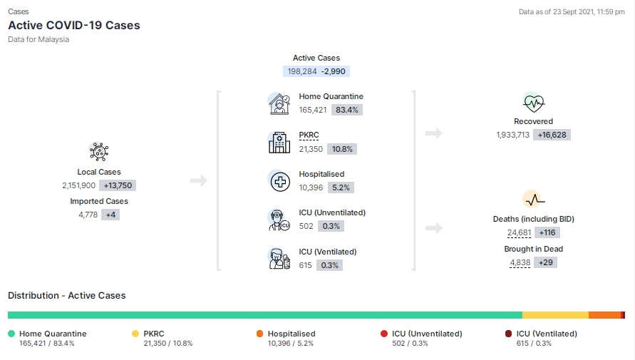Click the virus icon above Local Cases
point(99,151)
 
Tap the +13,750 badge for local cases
point(118,185)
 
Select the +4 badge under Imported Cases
point(110,215)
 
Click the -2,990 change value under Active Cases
point(334,71)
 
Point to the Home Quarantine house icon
point(279,104)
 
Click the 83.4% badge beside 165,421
point(346,110)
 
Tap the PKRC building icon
point(279,143)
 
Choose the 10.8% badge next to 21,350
point(342,149)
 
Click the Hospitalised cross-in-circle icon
point(280,181)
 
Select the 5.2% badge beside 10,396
point(341,187)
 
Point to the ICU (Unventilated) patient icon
point(279,220)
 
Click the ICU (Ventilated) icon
point(279,259)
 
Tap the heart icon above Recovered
point(533,103)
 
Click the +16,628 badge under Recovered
point(552,135)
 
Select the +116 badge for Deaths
point(547,232)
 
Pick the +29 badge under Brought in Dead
point(545,262)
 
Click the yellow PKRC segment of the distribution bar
point(555,315)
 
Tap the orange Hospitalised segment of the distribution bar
point(604,315)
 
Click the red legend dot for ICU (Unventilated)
point(384,334)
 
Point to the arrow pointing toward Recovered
point(434,133)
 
